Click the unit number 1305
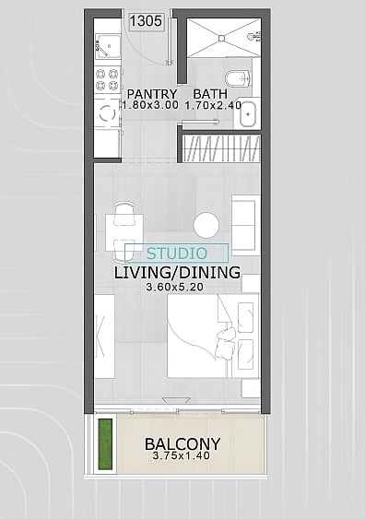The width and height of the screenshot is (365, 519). click(146, 21)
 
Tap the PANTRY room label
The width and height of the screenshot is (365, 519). click(152, 94)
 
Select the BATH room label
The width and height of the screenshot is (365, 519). click(210, 94)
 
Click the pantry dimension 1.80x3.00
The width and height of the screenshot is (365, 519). click(150, 106)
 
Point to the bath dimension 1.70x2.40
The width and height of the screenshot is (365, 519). click(213, 106)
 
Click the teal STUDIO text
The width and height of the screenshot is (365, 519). click(177, 254)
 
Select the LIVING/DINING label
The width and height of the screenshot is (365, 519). click(177, 273)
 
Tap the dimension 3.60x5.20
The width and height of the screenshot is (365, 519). click(175, 287)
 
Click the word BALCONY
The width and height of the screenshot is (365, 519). click(182, 443)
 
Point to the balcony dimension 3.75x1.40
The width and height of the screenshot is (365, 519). click(182, 455)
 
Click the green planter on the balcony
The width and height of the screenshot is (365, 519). click(106, 444)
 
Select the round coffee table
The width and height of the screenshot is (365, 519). click(206, 225)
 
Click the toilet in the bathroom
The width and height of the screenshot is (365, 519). click(238, 78)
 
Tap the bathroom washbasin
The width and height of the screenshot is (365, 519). click(248, 114)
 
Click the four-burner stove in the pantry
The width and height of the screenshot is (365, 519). click(107, 79)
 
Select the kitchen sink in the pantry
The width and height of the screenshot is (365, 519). click(108, 46)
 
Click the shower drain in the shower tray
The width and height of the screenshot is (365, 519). click(221, 39)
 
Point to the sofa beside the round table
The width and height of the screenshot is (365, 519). click(244, 225)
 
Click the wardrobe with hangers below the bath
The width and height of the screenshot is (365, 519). click(221, 148)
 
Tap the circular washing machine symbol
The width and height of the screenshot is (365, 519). click(107, 113)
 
